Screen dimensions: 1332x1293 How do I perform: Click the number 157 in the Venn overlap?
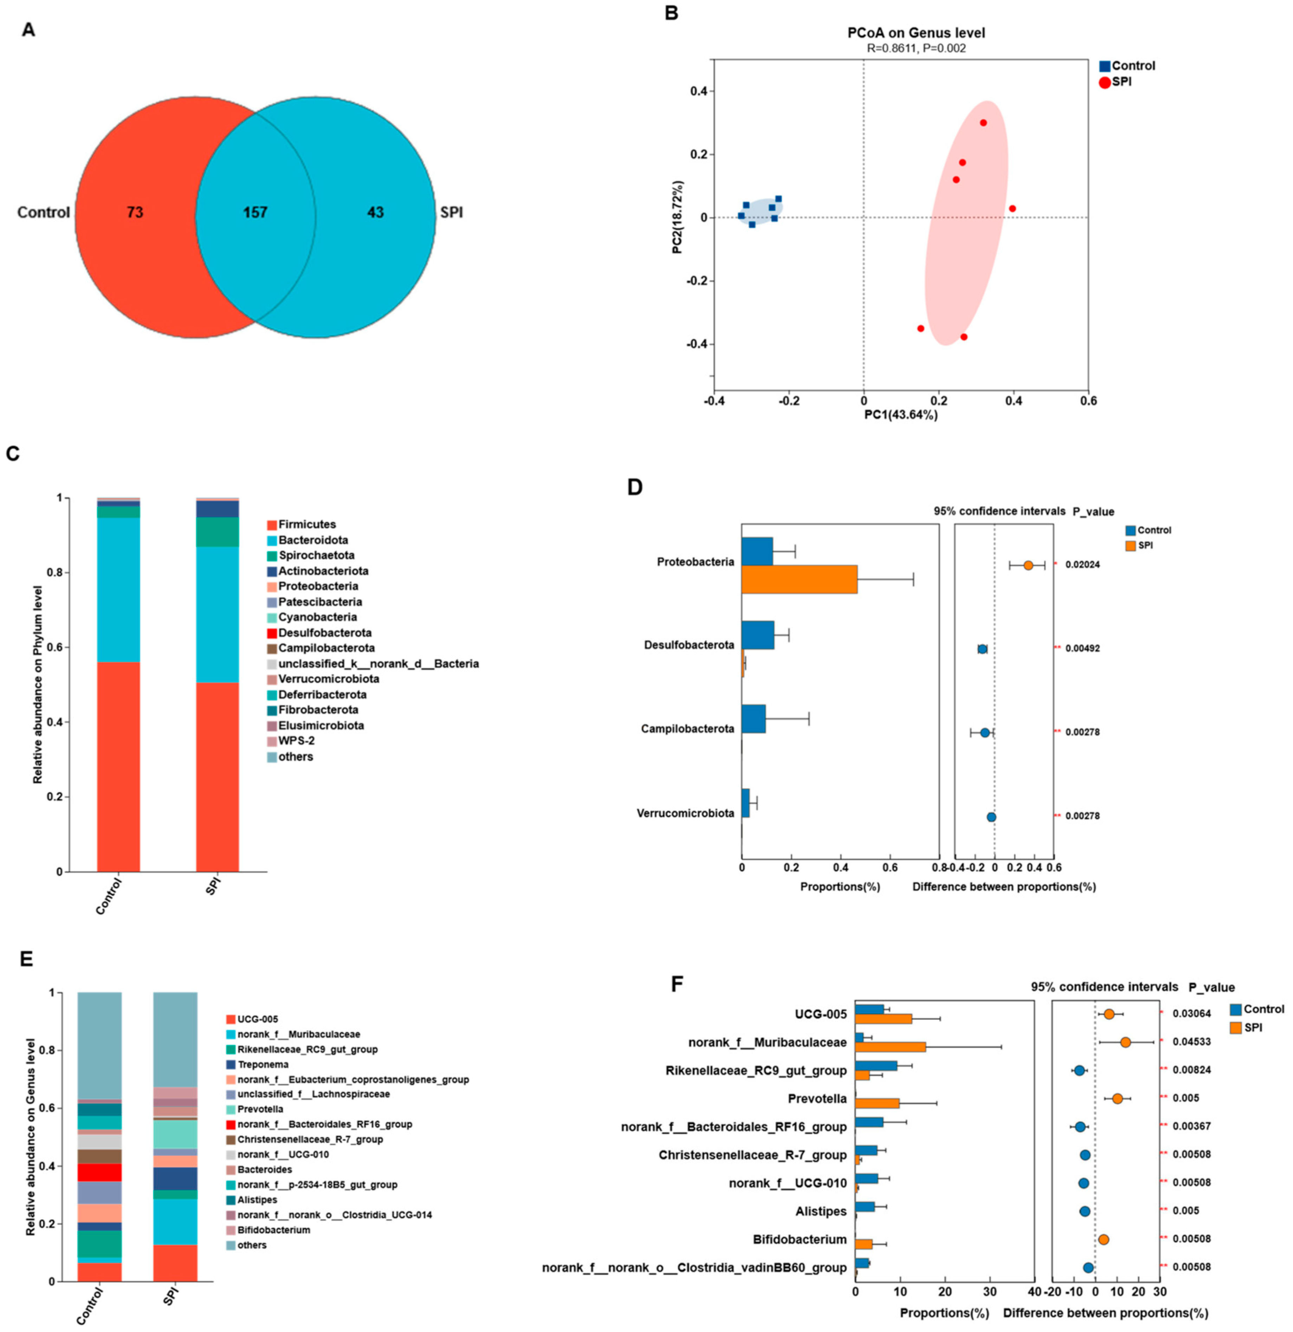256,213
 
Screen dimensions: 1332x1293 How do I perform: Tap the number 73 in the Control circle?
135,213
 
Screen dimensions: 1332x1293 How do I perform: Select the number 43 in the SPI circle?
375,213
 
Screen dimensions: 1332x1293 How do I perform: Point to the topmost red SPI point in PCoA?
983,123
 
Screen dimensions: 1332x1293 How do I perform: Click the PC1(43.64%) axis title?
901,415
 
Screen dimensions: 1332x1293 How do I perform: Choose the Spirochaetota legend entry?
316,555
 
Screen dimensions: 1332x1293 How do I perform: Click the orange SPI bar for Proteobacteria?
799,579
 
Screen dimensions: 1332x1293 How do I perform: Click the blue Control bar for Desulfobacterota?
757,635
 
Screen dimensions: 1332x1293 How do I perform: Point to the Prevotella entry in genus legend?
260,1109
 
